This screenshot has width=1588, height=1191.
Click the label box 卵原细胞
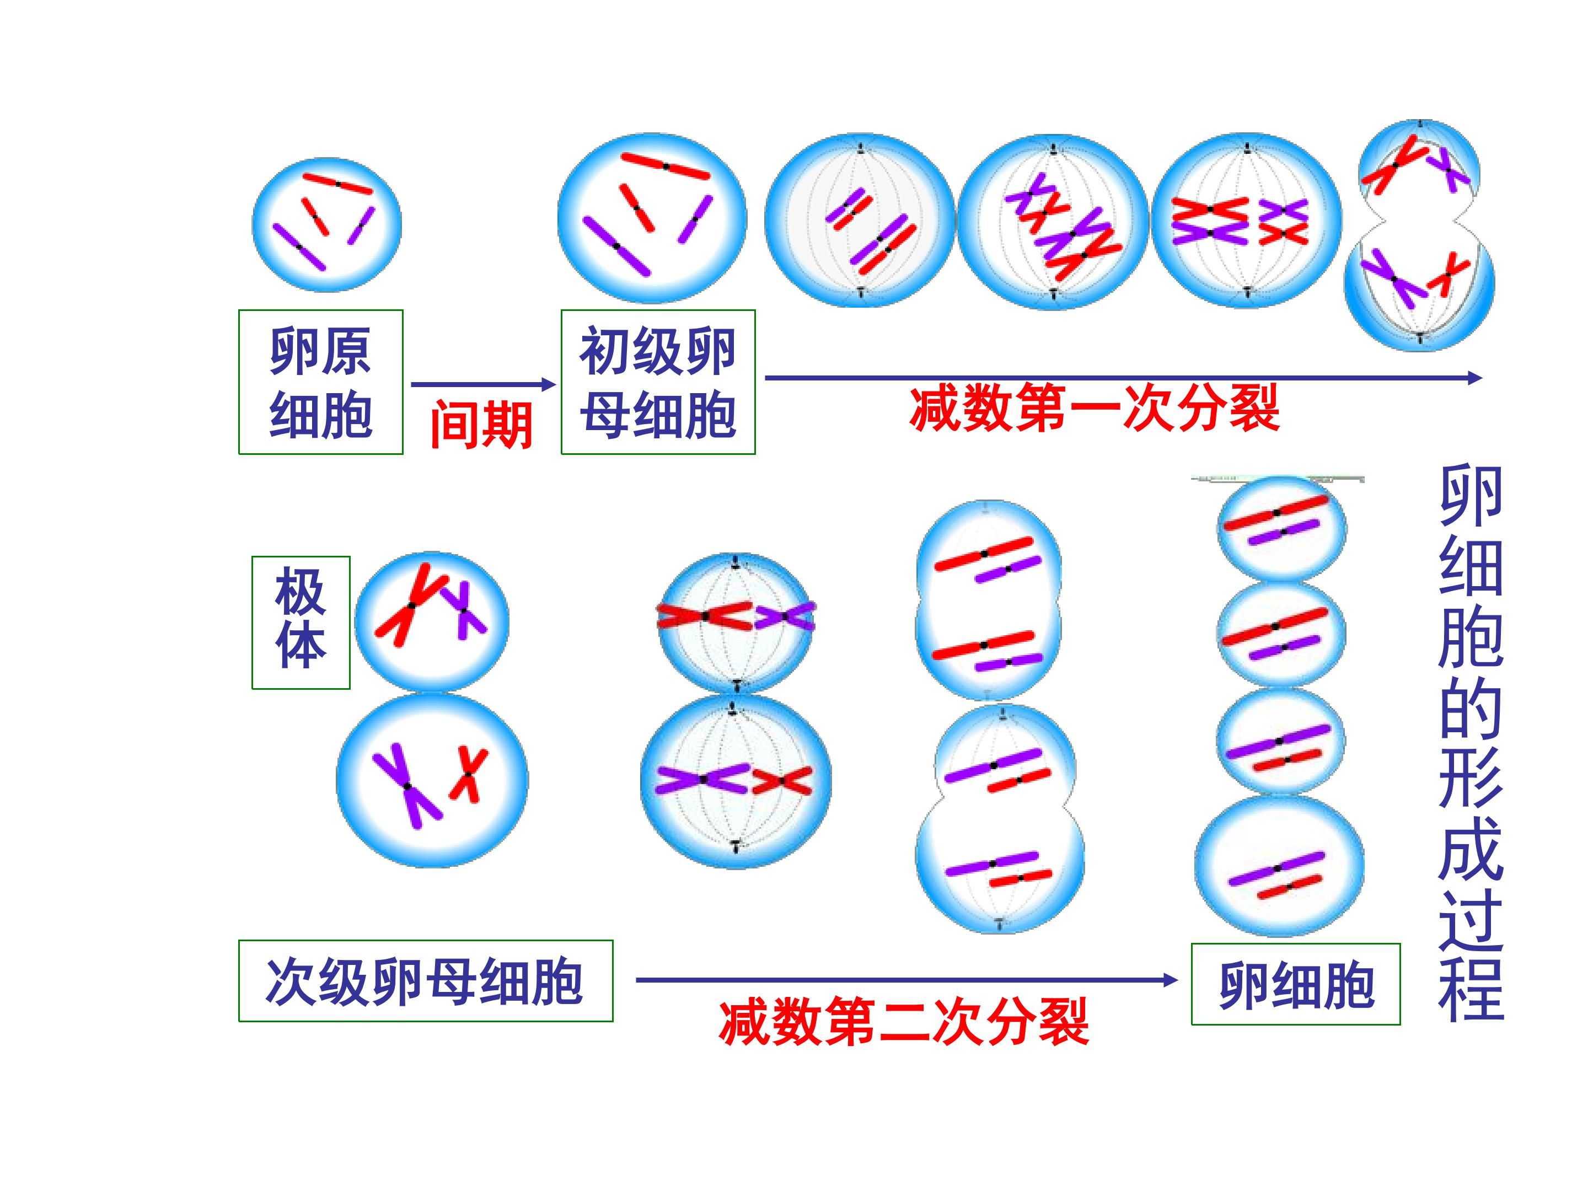(320, 382)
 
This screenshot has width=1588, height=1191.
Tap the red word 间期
(481, 425)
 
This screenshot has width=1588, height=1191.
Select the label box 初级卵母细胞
(658, 382)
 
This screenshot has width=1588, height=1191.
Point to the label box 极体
(301, 623)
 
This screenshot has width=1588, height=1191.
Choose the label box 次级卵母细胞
(426, 981)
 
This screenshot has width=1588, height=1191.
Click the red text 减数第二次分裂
(904, 1022)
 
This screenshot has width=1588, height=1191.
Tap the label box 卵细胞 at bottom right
(1296, 984)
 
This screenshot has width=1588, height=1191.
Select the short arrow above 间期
(483, 384)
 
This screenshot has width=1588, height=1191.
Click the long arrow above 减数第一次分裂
(1124, 378)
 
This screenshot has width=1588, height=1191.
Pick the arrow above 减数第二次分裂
(906, 980)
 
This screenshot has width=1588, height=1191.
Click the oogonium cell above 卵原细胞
(326, 225)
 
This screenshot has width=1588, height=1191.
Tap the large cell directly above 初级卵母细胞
(653, 218)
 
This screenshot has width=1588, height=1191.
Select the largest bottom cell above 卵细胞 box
(1279, 867)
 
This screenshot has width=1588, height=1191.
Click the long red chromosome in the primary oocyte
(666, 166)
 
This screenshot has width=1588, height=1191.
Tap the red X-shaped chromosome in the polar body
(411, 605)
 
